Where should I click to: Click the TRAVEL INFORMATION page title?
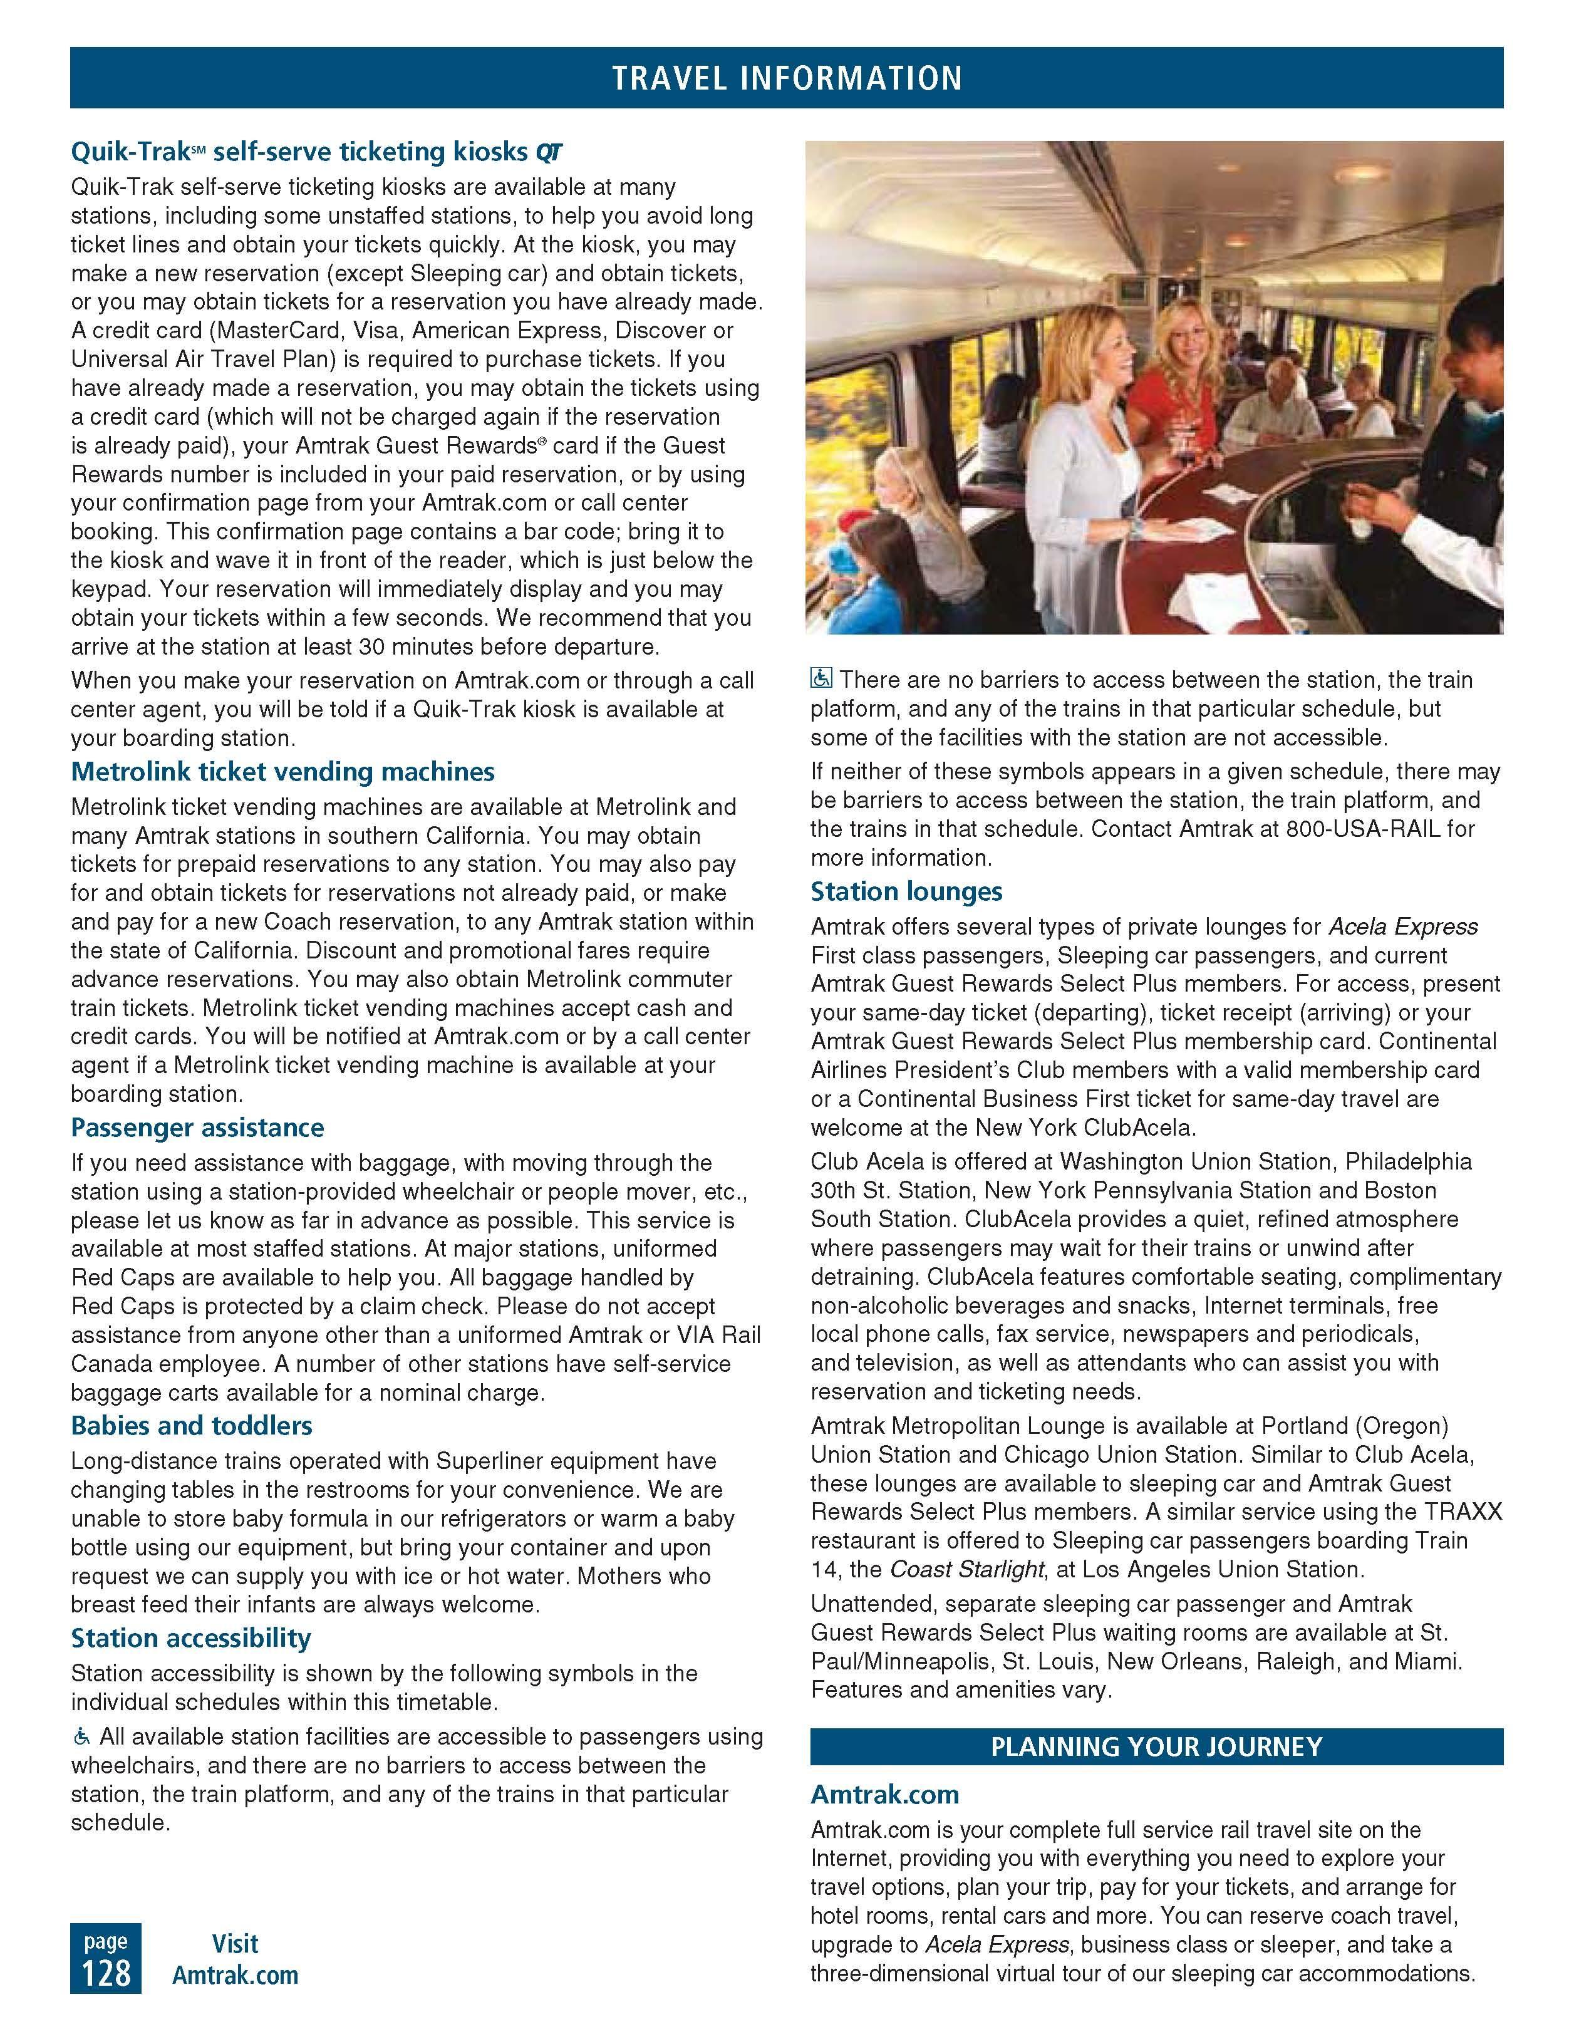786,78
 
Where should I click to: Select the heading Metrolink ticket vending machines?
282,772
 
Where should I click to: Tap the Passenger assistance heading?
197,1128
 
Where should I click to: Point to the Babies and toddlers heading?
192,1425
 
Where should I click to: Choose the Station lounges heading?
906,891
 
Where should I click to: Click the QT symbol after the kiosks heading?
549,152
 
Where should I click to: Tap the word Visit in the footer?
235,1944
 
